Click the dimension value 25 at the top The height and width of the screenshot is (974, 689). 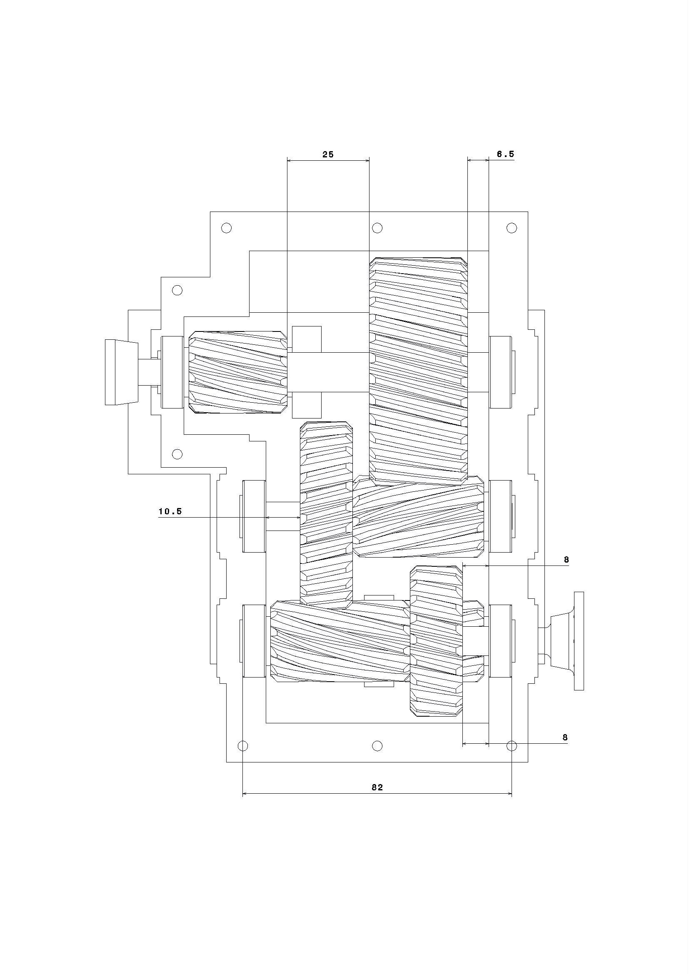328,154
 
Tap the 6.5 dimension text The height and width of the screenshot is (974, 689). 505,154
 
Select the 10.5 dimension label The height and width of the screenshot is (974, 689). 170,511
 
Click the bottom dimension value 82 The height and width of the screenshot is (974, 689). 377,787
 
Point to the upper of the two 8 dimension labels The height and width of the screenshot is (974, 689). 566,560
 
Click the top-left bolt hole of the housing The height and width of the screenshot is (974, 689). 227,228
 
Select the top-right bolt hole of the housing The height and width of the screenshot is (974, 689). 512,228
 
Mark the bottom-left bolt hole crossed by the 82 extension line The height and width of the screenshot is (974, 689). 243,746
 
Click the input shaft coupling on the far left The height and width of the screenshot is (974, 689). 121,372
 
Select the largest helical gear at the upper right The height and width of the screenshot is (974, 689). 418,371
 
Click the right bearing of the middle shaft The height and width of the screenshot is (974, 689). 501,516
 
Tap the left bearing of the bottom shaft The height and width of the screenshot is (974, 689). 254,640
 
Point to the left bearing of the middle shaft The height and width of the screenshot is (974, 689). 254,516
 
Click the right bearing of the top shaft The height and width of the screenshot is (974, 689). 501,372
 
